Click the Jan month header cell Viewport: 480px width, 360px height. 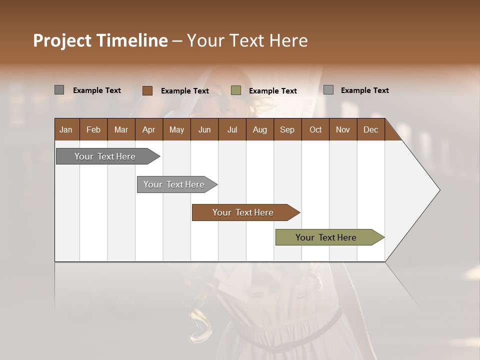click(66, 129)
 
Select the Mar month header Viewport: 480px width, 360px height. click(121, 129)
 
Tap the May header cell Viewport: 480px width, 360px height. click(176, 129)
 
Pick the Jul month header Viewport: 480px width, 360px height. click(232, 129)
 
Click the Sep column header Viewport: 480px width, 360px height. click(287, 129)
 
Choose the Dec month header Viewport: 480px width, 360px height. click(370, 129)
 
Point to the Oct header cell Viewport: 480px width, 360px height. click(315, 129)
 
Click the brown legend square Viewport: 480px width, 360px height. click(147, 90)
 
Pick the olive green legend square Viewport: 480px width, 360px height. click(236, 90)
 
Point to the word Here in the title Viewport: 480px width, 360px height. click(288, 40)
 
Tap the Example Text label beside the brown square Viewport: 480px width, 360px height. click(185, 91)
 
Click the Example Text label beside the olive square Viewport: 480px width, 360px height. click(273, 91)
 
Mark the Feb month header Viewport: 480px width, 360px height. click(93, 129)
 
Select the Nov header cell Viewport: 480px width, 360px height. click(343, 129)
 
